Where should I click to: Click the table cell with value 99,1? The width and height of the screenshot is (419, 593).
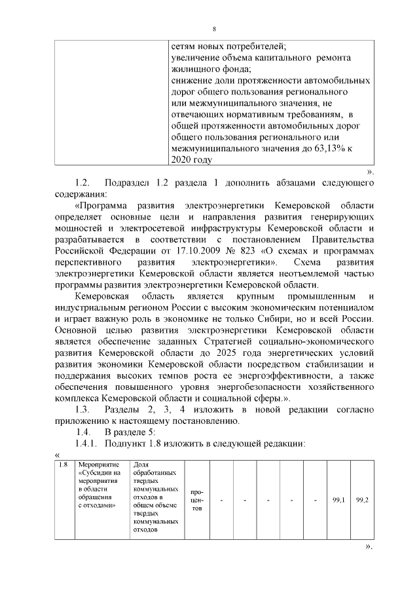338,501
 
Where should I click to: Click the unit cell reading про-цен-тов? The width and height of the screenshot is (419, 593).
196,501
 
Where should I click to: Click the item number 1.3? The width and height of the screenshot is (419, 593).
82,410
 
